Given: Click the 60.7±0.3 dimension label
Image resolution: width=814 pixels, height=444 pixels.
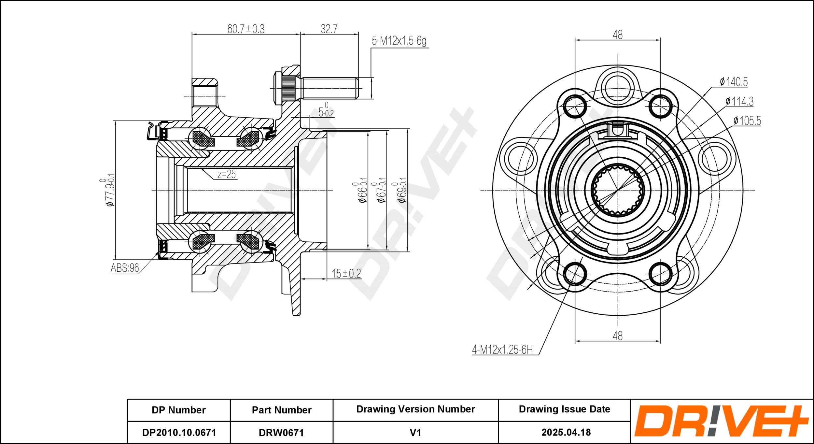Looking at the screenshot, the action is pos(246,29).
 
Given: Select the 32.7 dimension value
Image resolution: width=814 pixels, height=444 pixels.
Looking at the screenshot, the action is pos(329,29).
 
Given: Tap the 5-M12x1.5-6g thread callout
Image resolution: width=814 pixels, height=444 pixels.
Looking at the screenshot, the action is pos(399,41).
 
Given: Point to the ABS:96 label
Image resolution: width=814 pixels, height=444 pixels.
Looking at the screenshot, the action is pos(125,268).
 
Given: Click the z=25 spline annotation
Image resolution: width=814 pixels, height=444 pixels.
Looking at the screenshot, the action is pos(227,174).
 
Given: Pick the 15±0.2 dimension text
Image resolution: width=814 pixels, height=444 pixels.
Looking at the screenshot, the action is pos(346,273).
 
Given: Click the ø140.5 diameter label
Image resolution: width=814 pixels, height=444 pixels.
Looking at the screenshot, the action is pos(734,81).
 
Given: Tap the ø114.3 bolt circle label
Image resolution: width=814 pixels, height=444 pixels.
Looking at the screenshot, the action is pos(739,101).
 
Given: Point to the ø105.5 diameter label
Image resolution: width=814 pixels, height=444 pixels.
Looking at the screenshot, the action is pos(747,121).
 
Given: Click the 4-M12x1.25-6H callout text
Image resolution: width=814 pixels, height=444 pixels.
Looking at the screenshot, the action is pos(502,350).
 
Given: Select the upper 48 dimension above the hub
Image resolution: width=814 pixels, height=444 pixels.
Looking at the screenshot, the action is pos(617,35).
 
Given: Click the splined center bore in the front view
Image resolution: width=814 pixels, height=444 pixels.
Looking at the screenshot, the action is pos(617,190).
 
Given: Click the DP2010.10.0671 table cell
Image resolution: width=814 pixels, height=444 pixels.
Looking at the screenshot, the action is pos(179,432).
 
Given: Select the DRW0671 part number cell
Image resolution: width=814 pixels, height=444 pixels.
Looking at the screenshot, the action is pos(281,433).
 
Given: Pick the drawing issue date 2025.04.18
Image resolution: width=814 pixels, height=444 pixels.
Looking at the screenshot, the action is pos(566,432).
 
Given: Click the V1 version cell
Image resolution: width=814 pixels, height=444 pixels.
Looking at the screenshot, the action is pos(415,433).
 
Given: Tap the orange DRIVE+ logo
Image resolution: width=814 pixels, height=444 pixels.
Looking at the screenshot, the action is pos(722,421).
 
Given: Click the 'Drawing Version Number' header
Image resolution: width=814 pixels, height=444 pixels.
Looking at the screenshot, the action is pos(415,409).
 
